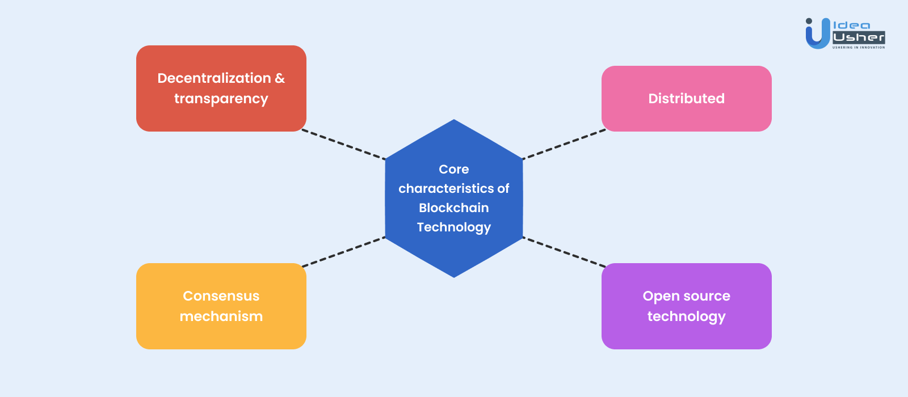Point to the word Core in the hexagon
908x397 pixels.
pyautogui.click(x=454, y=169)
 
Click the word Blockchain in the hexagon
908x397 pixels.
pyautogui.click(x=454, y=208)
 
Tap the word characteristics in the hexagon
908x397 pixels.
pyautogui.click(x=446, y=188)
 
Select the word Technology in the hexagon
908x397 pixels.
pyautogui.click(x=454, y=227)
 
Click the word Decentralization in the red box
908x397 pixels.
pyautogui.click(x=214, y=78)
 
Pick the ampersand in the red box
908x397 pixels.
pyautogui.click(x=280, y=78)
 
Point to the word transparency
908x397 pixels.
pyautogui.click(x=221, y=99)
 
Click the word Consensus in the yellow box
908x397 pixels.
pyautogui.click(x=221, y=296)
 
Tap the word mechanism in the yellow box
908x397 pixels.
pyautogui.click(x=221, y=316)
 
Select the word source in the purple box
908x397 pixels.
pyautogui.click(x=707, y=296)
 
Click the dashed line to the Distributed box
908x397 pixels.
pyautogui.click(x=564, y=145)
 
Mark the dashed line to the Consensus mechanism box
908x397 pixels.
pyautogui.click(x=344, y=252)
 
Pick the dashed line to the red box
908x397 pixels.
pyautogui.click(x=344, y=144)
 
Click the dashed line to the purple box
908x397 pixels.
pyautogui.click(x=564, y=252)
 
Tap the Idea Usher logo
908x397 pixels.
pyautogui.click(x=844, y=33)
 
